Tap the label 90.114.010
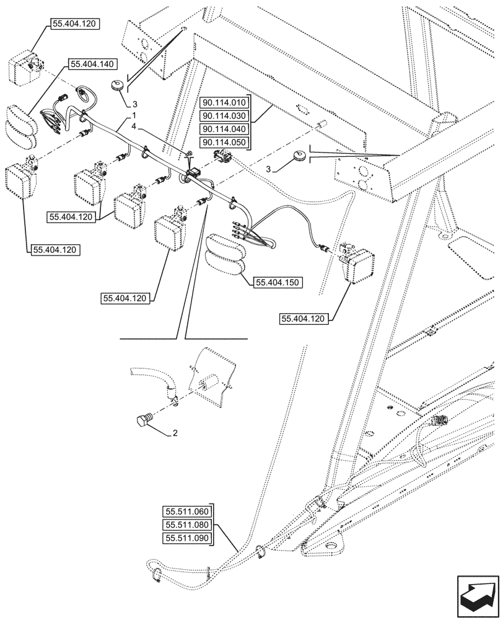coord(224,102)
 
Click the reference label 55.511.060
coord(188,512)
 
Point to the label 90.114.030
coord(224,116)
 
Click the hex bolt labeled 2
coord(142,420)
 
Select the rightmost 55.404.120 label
coord(304,319)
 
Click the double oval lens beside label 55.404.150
coord(225,254)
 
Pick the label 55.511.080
coord(188,526)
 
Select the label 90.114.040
coord(224,130)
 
